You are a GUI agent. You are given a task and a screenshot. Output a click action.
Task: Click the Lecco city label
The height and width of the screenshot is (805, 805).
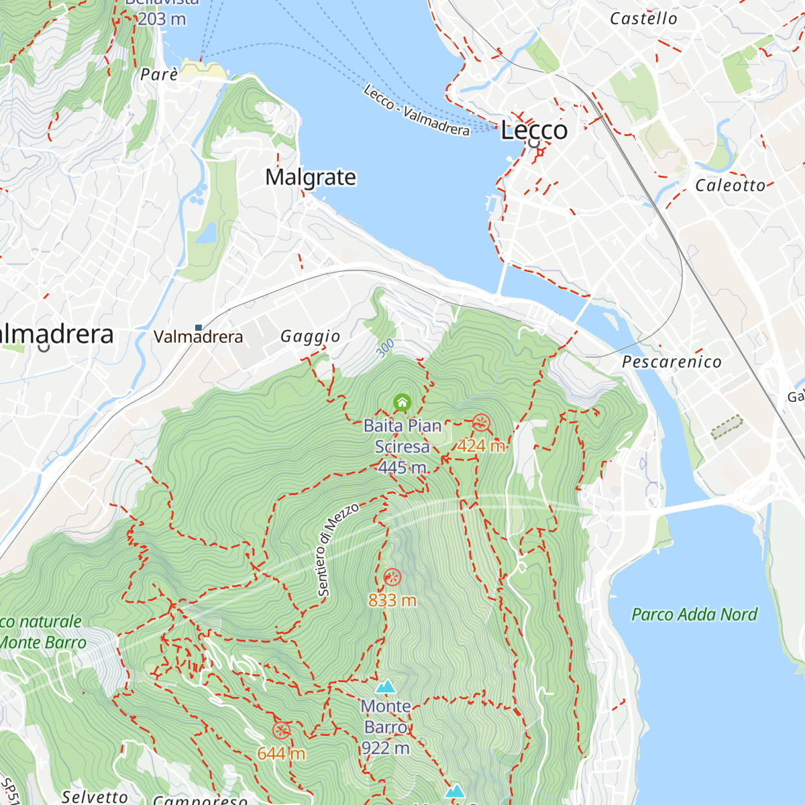click(534, 130)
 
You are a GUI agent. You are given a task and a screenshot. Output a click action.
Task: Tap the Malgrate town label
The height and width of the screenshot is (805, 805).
click(311, 177)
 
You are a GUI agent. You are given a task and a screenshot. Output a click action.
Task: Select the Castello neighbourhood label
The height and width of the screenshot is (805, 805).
click(643, 19)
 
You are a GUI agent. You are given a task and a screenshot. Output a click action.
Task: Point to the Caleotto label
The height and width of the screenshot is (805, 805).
click(730, 185)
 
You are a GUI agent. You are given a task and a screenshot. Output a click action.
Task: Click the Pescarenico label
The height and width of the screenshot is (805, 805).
click(672, 362)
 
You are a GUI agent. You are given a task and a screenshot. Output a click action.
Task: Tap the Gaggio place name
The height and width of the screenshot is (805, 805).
click(310, 336)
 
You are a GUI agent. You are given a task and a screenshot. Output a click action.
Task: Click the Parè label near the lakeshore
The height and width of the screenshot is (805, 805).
click(159, 74)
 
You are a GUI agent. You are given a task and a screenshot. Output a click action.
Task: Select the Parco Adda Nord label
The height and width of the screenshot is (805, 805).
click(694, 614)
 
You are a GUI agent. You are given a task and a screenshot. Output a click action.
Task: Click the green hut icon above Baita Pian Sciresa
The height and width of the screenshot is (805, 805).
click(402, 402)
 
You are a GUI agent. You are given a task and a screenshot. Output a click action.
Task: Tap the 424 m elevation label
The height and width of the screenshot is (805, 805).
click(481, 445)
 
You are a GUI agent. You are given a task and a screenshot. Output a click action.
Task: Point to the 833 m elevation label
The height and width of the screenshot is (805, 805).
click(392, 600)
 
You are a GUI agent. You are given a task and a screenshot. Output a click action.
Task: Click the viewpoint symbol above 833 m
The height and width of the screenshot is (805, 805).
click(392, 577)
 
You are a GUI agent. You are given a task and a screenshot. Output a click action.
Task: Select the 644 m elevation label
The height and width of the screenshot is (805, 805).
click(281, 753)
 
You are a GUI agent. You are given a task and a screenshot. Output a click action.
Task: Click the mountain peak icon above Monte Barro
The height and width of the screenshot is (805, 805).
click(385, 687)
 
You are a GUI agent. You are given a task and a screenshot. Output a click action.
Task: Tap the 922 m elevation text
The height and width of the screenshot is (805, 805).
click(385, 748)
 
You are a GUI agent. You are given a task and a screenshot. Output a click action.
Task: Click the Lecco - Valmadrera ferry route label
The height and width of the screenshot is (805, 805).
click(417, 111)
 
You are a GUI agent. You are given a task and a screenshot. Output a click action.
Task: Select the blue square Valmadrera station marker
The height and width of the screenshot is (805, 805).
click(198, 327)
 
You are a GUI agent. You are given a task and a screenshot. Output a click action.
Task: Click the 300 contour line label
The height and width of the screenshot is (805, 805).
click(385, 347)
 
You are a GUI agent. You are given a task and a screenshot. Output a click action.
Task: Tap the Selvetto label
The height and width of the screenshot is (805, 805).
click(95, 796)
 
